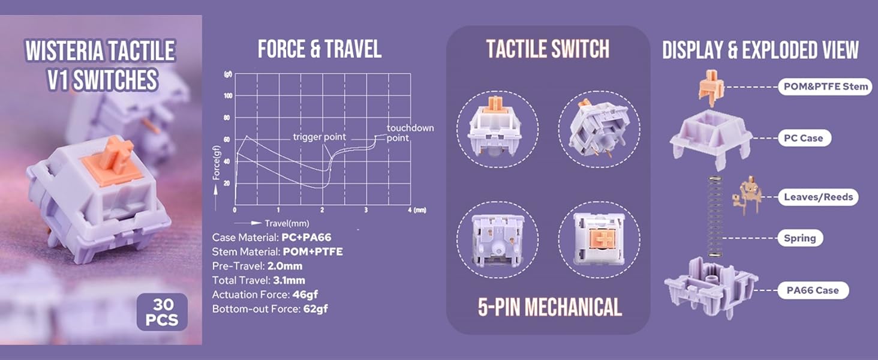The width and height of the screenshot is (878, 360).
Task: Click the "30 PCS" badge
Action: [x=162, y=311]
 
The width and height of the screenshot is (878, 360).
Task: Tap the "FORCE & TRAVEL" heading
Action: [x=319, y=50]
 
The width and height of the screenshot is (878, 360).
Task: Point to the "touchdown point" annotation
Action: [x=410, y=133]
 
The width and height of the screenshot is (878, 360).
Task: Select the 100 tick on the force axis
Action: [x=228, y=96]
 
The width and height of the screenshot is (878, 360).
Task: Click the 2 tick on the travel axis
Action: [x=322, y=211]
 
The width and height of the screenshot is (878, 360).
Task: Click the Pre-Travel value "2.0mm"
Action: [x=285, y=266]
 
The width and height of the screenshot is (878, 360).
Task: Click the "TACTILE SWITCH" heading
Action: [x=548, y=50]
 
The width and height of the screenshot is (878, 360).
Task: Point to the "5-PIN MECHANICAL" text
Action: [x=549, y=307]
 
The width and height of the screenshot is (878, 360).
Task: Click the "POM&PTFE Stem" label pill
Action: [x=825, y=86]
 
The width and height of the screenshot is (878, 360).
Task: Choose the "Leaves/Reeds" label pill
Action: [x=817, y=197]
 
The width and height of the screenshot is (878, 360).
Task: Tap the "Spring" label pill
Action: [x=799, y=238]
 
